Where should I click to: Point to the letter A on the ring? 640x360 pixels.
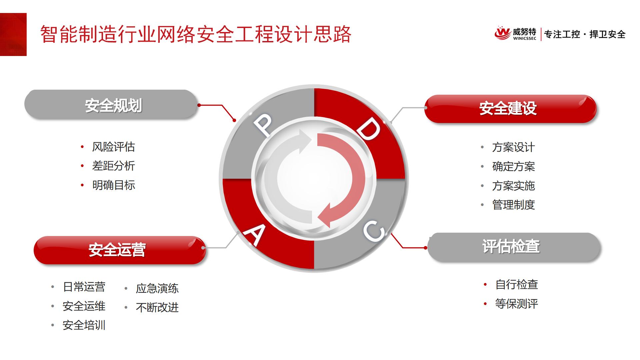click(255, 234)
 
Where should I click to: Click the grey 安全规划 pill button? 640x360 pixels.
click(111, 105)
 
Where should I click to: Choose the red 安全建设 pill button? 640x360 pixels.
click(510, 109)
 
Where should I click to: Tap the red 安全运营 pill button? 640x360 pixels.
click(120, 250)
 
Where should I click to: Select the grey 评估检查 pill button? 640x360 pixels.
click(514, 247)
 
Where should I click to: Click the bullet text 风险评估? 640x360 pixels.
click(114, 147)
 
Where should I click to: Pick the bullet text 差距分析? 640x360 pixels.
click(114, 166)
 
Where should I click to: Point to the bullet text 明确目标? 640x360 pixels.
click(114, 185)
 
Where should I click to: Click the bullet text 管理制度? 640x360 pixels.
click(514, 205)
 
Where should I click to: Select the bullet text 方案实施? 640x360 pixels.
click(514, 186)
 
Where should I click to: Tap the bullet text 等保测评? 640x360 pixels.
click(517, 304)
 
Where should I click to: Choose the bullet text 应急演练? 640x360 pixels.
click(157, 288)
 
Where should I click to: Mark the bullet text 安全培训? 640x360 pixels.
click(84, 325)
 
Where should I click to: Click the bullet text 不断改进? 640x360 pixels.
click(157, 307)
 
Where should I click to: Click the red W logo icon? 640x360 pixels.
click(502, 33)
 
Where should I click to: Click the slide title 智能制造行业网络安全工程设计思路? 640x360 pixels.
click(196, 34)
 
